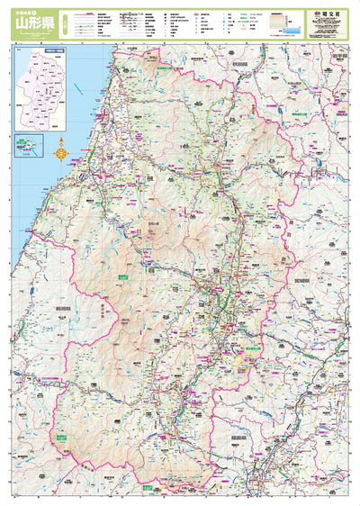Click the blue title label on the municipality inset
click(55, 53)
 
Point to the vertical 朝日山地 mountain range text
click(105, 311)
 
